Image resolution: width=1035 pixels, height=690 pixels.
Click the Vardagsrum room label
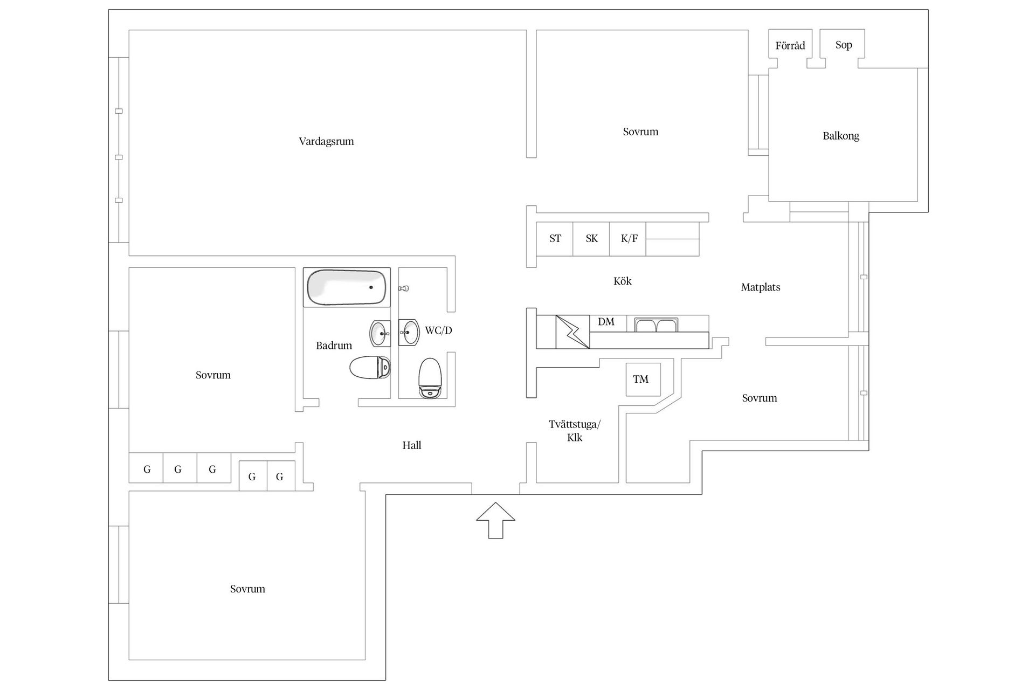pyautogui.click(x=326, y=142)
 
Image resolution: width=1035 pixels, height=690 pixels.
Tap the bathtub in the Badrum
pyautogui.click(x=347, y=287)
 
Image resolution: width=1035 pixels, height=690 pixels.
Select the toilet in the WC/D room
pyautogui.click(x=430, y=377)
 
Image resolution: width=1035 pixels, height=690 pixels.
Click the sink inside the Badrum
pyautogui.click(x=380, y=334)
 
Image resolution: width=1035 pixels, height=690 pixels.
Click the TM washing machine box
pyautogui.click(x=643, y=379)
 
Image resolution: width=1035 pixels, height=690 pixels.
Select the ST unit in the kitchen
pyautogui.click(x=555, y=239)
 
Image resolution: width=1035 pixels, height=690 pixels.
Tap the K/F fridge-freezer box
pyautogui.click(x=629, y=239)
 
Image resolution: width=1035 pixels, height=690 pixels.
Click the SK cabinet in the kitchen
pyautogui.click(x=591, y=239)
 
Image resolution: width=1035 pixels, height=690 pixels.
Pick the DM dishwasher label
pyautogui.click(x=606, y=322)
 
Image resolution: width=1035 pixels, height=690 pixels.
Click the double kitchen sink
pyautogui.click(x=656, y=325)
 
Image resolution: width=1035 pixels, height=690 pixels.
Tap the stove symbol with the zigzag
pyautogui.click(x=572, y=332)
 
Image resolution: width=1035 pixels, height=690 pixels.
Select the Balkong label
pyautogui.click(x=840, y=136)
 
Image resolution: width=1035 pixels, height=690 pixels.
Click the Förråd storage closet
pyautogui.click(x=790, y=46)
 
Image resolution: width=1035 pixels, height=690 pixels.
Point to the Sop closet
pyautogui.click(x=843, y=45)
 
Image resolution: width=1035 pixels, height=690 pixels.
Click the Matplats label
pyautogui.click(x=760, y=287)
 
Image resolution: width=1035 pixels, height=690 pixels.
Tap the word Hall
pyautogui.click(x=411, y=445)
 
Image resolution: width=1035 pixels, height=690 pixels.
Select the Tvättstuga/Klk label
pyautogui.click(x=575, y=431)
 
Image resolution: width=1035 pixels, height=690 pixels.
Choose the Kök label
pyautogui.click(x=622, y=281)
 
